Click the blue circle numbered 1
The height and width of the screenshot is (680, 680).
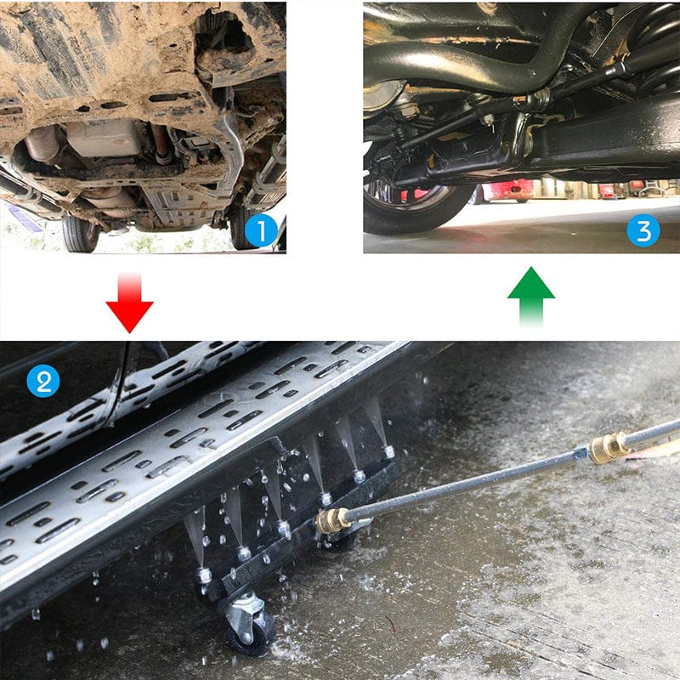tap(261, 230)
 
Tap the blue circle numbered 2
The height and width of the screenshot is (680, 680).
tap(42, 380)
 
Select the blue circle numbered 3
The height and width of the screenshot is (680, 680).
tap(643, 230)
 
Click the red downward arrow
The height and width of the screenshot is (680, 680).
tap(129, 303)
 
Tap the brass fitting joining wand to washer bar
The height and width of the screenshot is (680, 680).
tap(333, 520)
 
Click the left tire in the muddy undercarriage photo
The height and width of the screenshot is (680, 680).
tap(81, 233)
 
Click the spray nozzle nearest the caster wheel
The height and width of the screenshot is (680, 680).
tap(204, 575)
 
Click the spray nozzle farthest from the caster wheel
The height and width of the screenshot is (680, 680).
tap(388, 450)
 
